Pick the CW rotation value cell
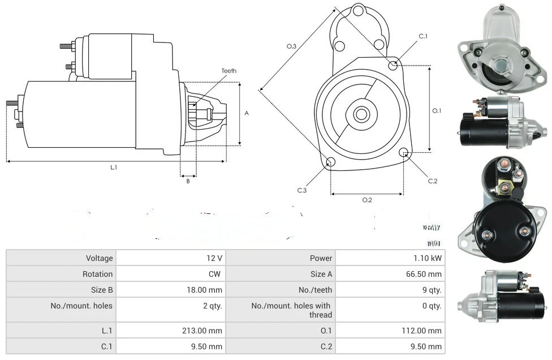(x=215, y=274)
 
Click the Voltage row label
(x=100, y=258)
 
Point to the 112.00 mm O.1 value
(x=425, y=331)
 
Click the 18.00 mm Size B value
(x=207, y=290)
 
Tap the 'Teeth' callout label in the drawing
(x=228, y=71)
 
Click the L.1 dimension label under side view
(x=114, y=167)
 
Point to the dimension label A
(x=247, y=113)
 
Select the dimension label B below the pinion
(x=188, y=181)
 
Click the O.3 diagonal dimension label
(x=291, y=46)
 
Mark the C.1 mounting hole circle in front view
(x=393, y=66)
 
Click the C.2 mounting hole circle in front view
(x=404, y=153)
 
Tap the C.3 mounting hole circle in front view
(x=331, y=163)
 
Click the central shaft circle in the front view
(x=361, y=114)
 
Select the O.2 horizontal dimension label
(x=366, y=200)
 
